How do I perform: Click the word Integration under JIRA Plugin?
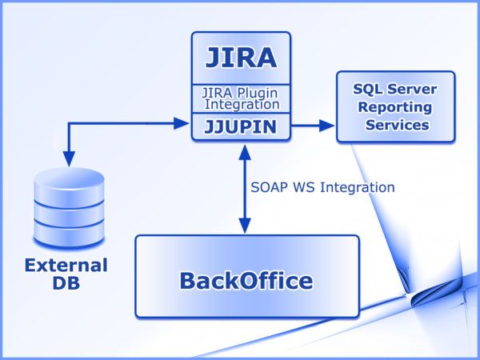[x=242, y=104]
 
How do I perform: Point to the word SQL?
[x=360, y=88]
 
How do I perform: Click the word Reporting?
[x=395, y=106]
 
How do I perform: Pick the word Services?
[x=397, y=125]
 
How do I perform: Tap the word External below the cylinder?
[x=66, y=265]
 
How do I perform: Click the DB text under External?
[x=66, y=283]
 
